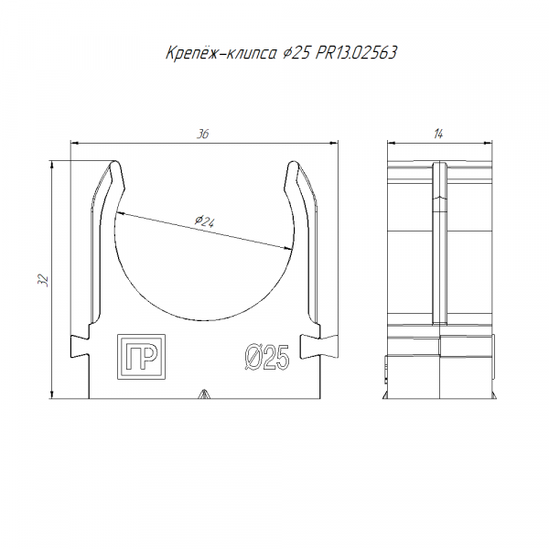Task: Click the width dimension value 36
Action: point(203,135)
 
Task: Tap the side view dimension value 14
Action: point(438,135)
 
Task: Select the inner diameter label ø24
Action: point(205,221)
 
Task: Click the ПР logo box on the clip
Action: point(141,357)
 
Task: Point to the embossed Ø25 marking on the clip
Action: point(267,357)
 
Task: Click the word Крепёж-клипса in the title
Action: point(221,53)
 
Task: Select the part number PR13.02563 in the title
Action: point(356,53)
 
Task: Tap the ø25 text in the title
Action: point(296,53)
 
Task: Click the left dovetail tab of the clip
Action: point(80,346)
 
